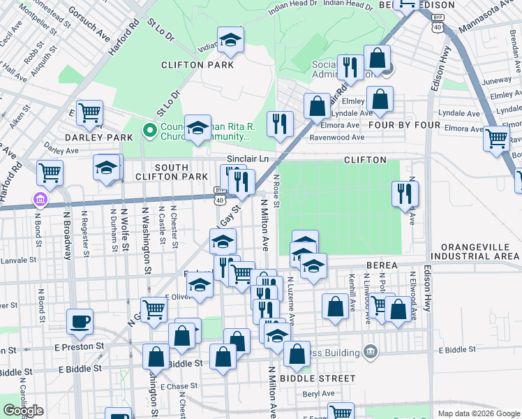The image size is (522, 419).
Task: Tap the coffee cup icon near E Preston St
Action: (x=80, y=321)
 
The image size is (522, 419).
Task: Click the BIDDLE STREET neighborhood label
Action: (x=312, y=378)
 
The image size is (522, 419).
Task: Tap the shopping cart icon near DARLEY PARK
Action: (x=90, y=112)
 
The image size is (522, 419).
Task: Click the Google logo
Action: (x=23, y=411)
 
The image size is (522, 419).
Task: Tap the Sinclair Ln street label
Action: (x=248, y=159)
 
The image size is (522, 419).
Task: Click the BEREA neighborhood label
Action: (x=380, y=265)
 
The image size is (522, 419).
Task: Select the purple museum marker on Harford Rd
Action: (x=40, y=201)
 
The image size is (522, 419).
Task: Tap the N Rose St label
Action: (x=277, y=191)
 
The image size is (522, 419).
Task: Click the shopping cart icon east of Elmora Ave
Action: (x=496, y=138)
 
